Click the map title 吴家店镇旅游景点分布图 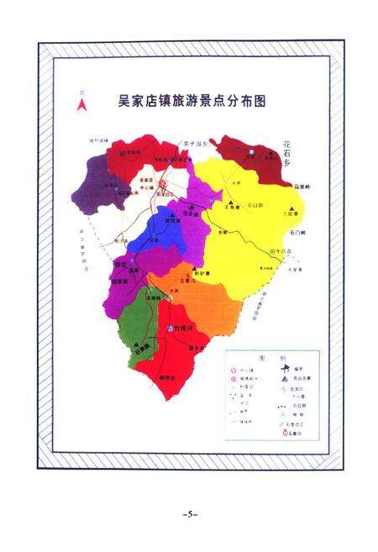[x=192, y=100]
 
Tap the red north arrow [x=81, y=104]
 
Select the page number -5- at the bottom [x=189, y=513]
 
